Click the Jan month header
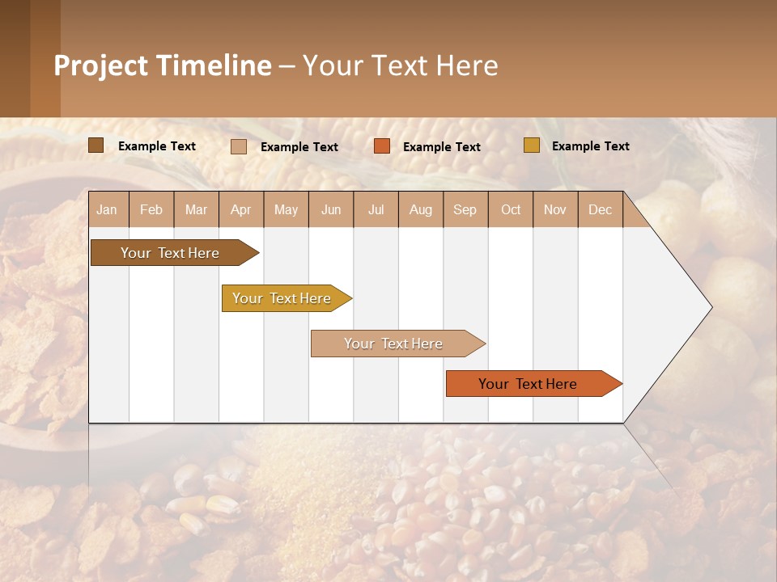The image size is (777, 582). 108,209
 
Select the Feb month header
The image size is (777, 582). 151,209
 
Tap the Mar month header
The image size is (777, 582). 196,209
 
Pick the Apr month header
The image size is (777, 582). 241,209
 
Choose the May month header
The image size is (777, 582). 286,209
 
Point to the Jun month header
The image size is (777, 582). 331,209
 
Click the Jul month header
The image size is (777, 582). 376,209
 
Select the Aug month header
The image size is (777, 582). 421,209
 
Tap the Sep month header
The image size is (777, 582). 465,209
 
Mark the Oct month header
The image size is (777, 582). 511,209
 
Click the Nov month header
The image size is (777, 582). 555,209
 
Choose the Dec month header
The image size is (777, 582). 601,209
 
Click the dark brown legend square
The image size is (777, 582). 96,145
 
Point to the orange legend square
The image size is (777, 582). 382,146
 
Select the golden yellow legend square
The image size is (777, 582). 532,145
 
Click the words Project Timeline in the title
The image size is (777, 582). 163,65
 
